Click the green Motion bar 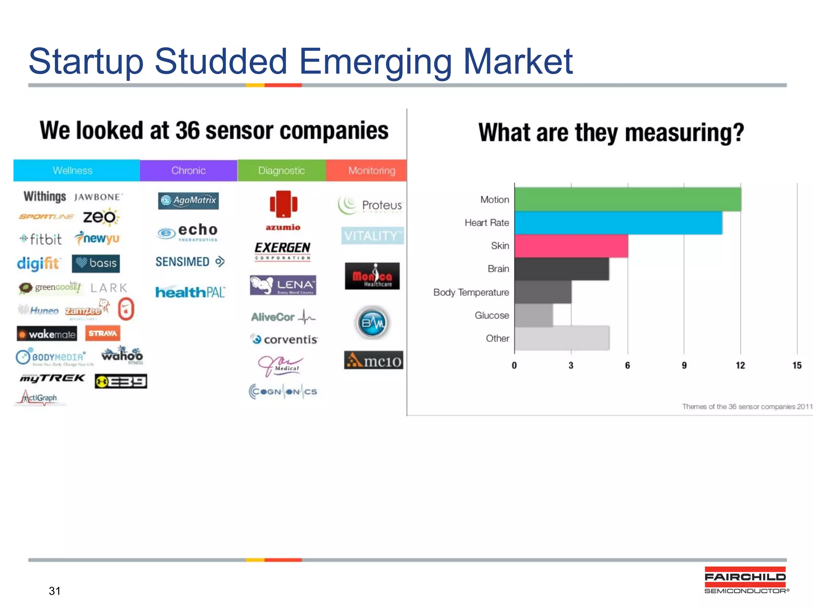pyautogui.click(x=627, y=199)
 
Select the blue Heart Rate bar pyautogui.click(x=618, y=223)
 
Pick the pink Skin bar pyautogui.click(x=571, y=246)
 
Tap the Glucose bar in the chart pyautogui.click(x=534, y=315)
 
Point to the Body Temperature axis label pyautogui.click(x=471, y=292)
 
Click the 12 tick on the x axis pyautogui.click(x=740, y=365)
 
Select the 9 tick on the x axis pyautogui.click(x=684, y=365)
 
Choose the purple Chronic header pyautogui.click(x=189, y=171)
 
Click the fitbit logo pyautogui.click(x=41, y=239)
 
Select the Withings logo pyautogui.click(x=44, y=197)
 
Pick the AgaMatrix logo pyautogui.click(x=188, y=201)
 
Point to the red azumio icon pyautogui.click(x=283, y=204)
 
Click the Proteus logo pyautogui.click(x=370, y=205)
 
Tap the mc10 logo pyautogui.click(x=374, y=360)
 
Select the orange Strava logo pyautogui.click(x=102, y=333)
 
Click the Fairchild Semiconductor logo pyautogui.click(x=746, y=581)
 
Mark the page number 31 pyautogui.click(x=55, y=591)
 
